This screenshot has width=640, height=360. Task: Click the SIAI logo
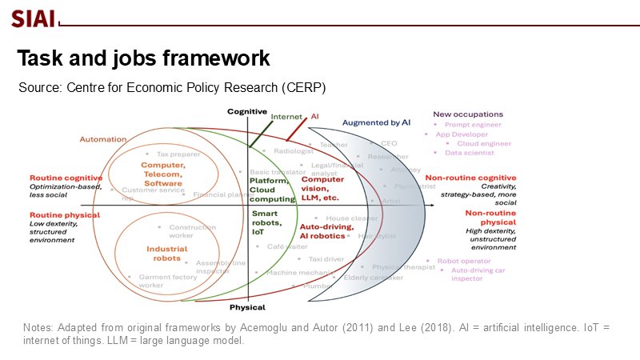(x=33, y=18)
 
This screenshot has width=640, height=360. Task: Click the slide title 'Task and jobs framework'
(x=144, y=58)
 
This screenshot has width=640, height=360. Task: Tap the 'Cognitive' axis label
(x=247, y=111)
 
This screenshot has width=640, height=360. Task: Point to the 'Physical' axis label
(x=247, y=307)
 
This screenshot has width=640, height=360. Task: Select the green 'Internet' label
(x=286, y=117)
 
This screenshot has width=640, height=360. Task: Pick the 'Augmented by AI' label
(x=376, y=123)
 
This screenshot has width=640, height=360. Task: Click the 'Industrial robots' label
(x=166, y=254)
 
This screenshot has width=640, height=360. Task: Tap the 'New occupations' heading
(x=468, y=114)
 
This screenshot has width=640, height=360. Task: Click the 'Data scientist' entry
(x=470, y=153)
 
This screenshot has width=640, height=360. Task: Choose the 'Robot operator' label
(x=463, y=261)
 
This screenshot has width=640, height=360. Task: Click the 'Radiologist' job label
(x=292, y=150)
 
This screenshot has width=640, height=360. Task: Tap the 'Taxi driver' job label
(x=326, y=259)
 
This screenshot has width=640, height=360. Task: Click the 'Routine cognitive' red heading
(x=66, y=178)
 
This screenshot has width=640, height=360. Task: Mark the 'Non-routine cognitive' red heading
(x=470, y=178)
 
